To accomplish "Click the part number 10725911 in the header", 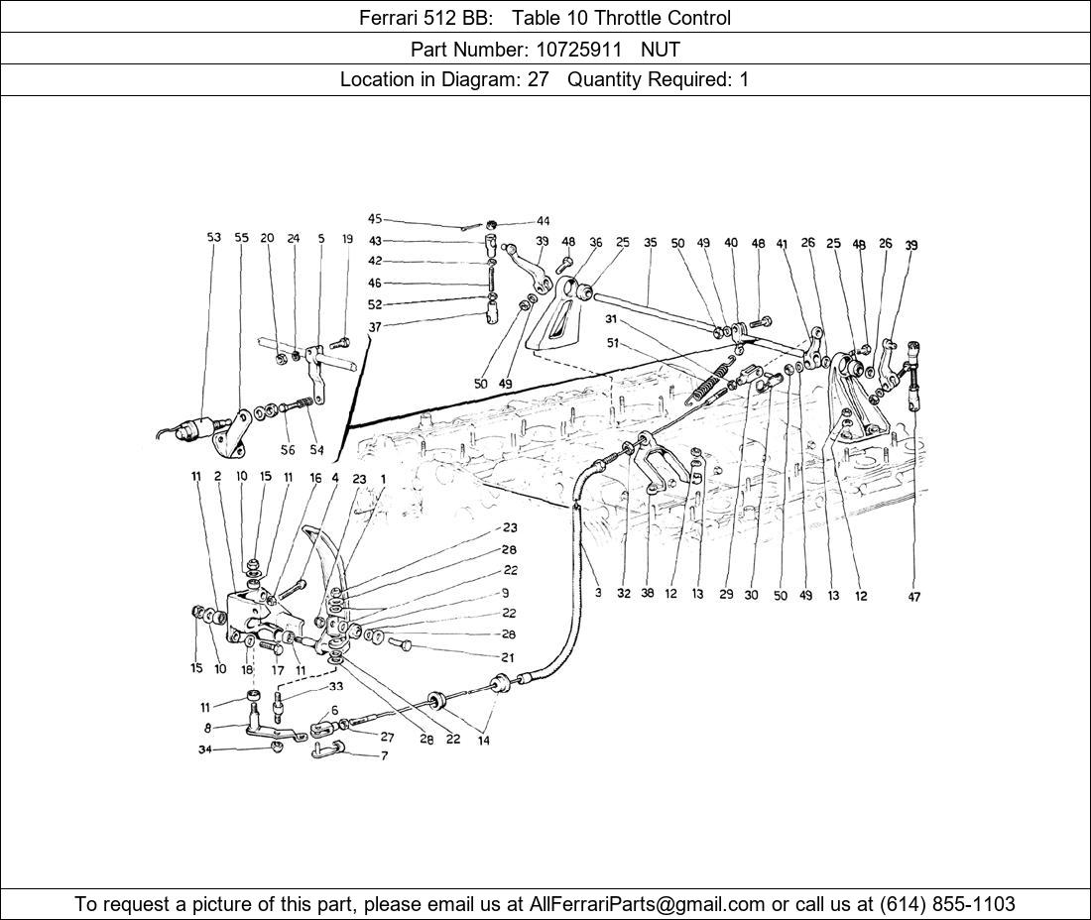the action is (577, 50).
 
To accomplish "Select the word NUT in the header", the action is (661, 50).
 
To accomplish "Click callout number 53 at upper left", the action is (213, 237).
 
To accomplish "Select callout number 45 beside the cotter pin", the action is (375, 219).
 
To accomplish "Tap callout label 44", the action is (543, 221).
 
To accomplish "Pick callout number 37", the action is (375, 326).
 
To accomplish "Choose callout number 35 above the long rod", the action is (650, 243).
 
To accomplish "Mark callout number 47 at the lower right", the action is (914, 597).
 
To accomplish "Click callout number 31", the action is (611, 319).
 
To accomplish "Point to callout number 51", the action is (612, 343).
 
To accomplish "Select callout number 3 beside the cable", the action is (598, 593).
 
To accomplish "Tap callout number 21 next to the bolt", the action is (508, 656).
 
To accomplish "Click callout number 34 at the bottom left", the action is (204, 749).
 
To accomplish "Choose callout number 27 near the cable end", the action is (387, 738).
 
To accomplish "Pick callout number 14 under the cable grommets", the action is (484, 741).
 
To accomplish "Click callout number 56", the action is (288, 450).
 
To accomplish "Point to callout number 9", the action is (505, 593).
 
